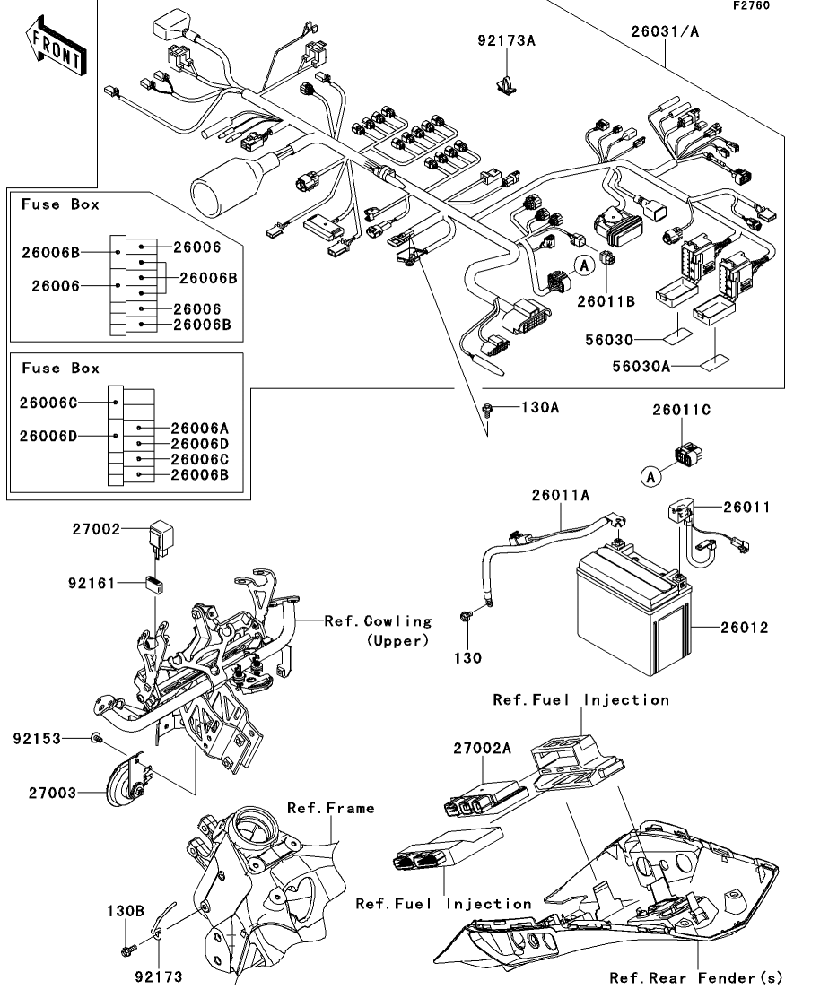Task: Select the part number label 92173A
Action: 506,41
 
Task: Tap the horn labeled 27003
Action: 126,780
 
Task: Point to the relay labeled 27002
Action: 161,539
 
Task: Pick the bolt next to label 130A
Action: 487,410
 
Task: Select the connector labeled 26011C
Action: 687,454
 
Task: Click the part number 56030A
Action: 641,367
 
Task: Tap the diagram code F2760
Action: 751,5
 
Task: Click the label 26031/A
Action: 666,31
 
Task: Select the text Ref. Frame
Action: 331,809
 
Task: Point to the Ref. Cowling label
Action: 378,621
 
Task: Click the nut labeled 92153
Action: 95,737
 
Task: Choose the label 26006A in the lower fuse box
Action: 199,429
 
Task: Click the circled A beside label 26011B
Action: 585,265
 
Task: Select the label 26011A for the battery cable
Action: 561,496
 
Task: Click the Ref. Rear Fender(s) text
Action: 696,978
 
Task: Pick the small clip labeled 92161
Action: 154,585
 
